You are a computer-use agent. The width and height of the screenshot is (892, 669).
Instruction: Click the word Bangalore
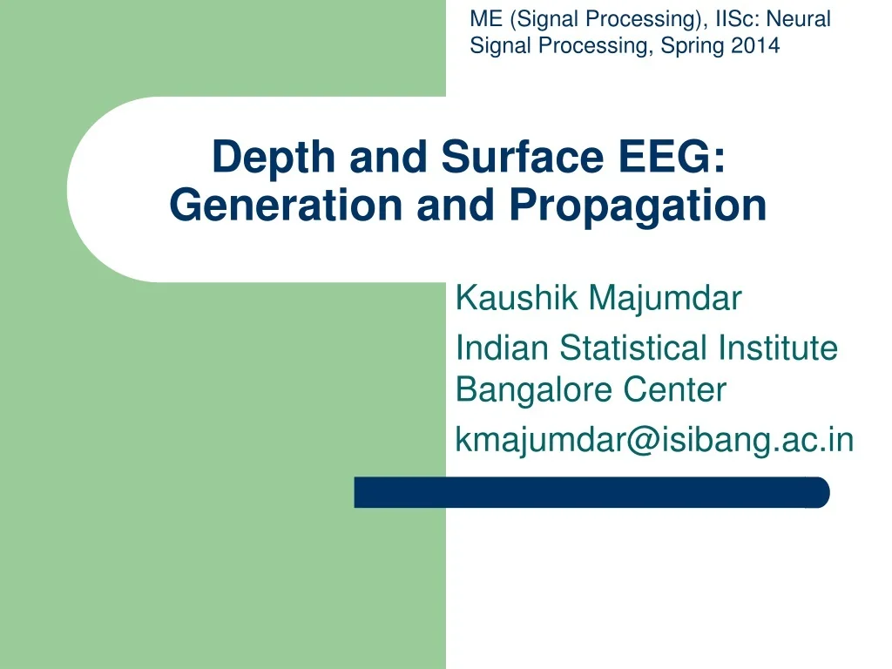tap(536, 390)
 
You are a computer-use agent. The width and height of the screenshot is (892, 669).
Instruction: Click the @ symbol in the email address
tap(629, 441)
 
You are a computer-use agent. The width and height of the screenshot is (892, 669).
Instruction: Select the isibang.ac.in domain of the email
tap(748, 441)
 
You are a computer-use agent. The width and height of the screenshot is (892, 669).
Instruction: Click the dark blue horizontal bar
tap(591, 493)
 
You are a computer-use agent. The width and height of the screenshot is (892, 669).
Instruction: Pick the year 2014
tap(755, 46)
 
